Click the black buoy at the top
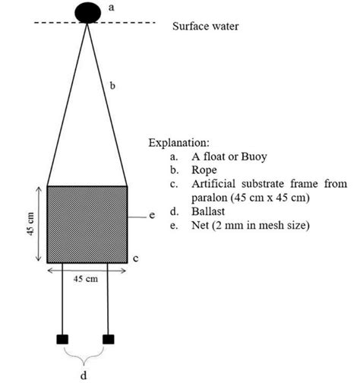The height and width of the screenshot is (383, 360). (x=87, y=11)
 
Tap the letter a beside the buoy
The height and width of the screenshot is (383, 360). (x=113, y=7)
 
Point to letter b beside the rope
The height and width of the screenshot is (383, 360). (x=113, y=87)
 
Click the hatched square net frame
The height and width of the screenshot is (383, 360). (x=87, y=224)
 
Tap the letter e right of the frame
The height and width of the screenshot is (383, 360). (x=153, y=216)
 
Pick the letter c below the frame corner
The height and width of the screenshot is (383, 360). (x=134, y=259)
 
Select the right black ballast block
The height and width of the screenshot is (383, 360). (x=109, y=338)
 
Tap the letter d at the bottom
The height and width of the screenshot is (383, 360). (x=84, y=374)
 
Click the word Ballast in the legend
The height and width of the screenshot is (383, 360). (x=210, y=211)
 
